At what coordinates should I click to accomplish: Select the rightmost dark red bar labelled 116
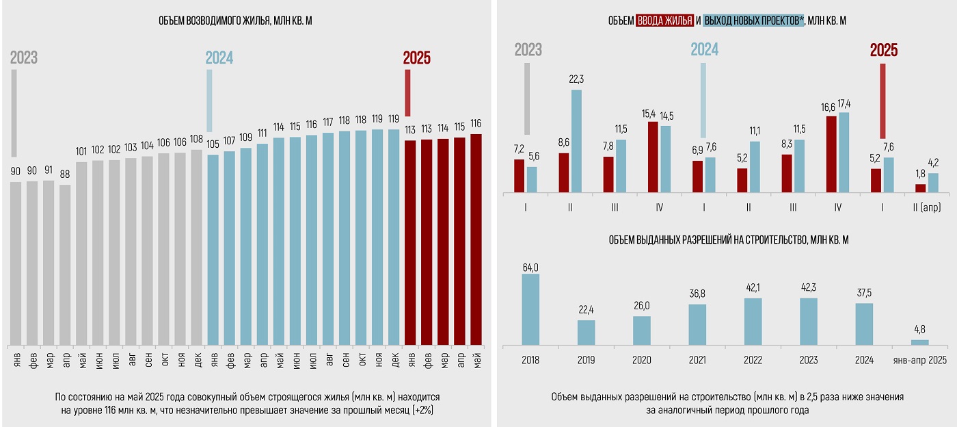pos(476,240)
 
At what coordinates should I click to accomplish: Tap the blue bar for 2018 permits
pos(530,309)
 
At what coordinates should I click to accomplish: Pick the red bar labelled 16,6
pos(831,155)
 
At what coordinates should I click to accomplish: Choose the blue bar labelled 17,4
pos(844,153)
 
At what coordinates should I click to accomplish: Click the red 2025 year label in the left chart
pos(417,58)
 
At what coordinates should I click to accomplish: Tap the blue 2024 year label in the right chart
pos(704,50)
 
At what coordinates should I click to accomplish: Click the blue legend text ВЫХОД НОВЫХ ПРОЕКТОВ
pos(753,21)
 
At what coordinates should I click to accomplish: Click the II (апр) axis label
pos(926,207)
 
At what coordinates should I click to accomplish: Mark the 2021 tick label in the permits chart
pos(697,360)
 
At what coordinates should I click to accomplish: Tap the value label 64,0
pos(531,267)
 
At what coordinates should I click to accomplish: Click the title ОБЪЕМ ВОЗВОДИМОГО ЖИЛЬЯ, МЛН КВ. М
pos(236,21)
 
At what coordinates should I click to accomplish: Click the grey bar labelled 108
pos(197,247)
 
